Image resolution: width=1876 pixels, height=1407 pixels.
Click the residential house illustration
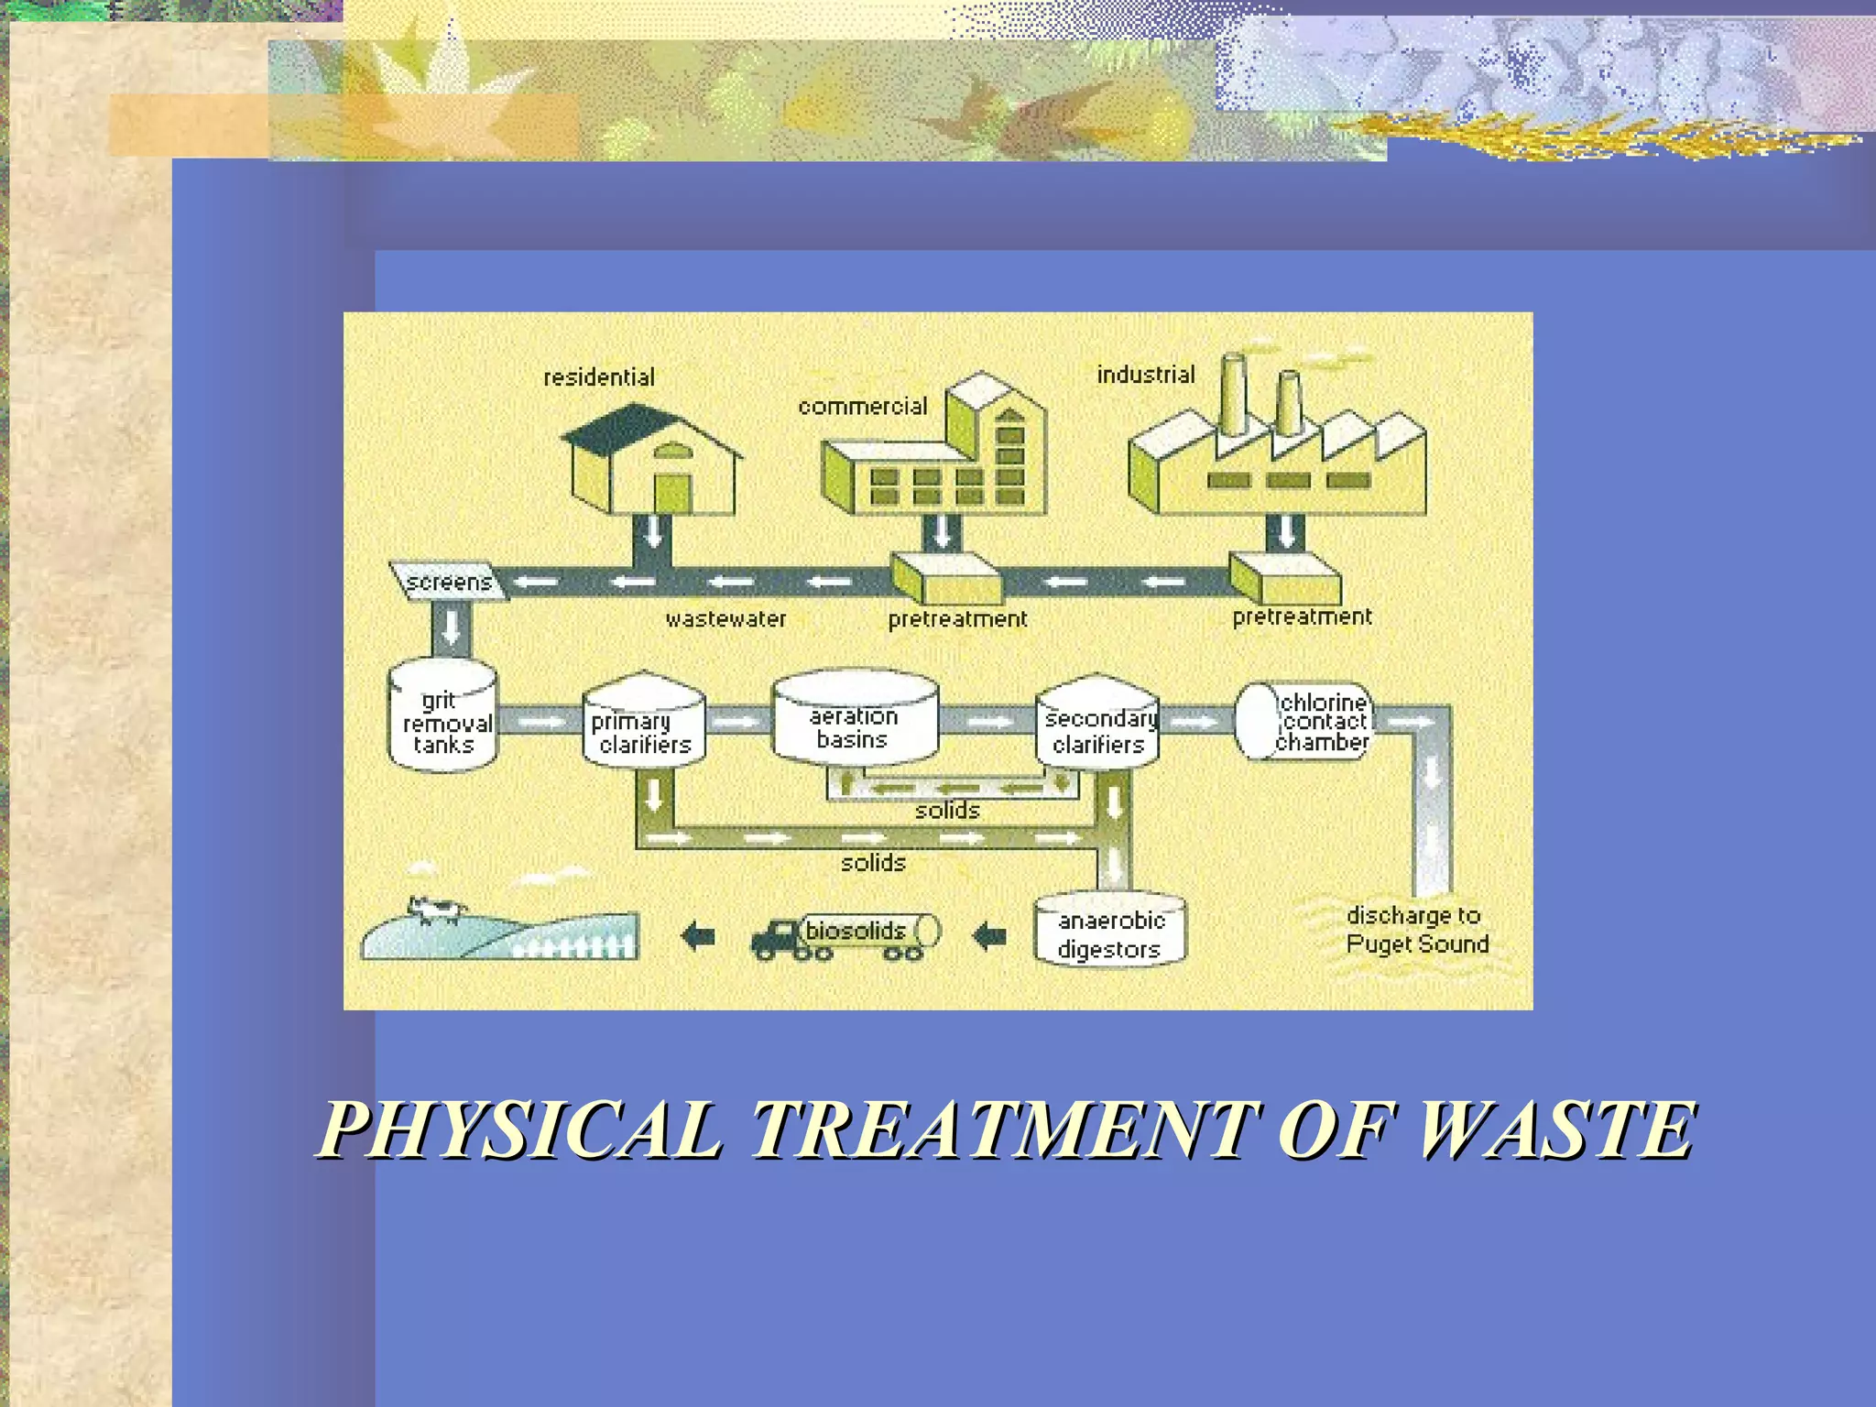(x=652, y=463)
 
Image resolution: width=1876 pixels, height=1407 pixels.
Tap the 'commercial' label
(x=862, y=407)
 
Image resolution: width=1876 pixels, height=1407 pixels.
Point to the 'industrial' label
(x=1146, y=375)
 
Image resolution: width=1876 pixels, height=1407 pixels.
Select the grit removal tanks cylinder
(x=443, y=716)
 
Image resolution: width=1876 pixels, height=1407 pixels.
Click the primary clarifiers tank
(x=644, y=723)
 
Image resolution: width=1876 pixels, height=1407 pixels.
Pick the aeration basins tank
(x=855, y=720)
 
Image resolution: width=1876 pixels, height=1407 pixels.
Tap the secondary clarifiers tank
(x=1097, y=724)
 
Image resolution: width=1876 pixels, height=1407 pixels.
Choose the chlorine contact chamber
(x=1303, y=721)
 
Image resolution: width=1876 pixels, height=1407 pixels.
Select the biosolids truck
(x=844, y=936)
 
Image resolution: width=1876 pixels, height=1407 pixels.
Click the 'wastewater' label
(x=725, y=620)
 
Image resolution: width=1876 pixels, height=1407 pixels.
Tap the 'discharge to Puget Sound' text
(x=1416, y=930)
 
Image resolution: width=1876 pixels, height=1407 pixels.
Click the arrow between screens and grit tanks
(x=451, y=628)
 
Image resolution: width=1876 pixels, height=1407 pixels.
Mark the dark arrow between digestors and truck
(x=989, y=936)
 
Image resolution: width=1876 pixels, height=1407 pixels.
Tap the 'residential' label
(x=599, y=377)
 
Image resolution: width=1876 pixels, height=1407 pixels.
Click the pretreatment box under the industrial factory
(x=1284, y=578)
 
